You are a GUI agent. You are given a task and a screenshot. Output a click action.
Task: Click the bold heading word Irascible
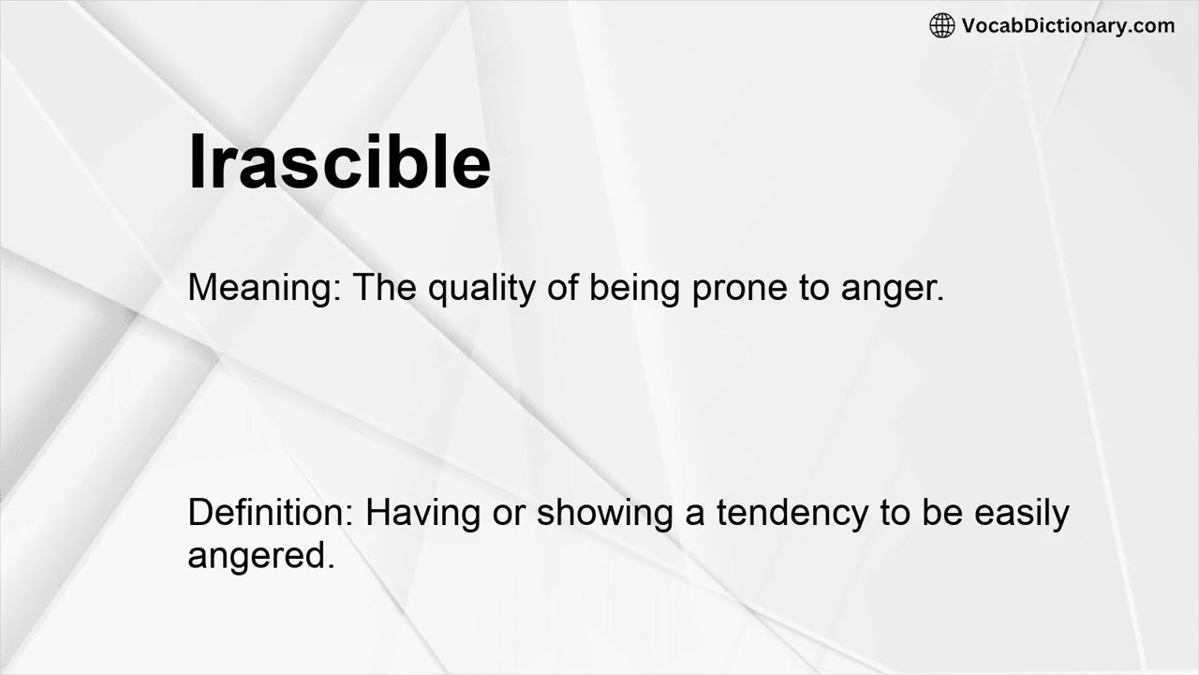[339, 161]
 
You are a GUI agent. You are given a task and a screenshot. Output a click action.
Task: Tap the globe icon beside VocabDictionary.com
[941, 25]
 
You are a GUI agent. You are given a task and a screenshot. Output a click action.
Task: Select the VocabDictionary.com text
[1068, 25]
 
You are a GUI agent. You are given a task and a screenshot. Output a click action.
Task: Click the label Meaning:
[265, 287]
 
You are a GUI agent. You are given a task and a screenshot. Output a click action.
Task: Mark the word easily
[1022, 514]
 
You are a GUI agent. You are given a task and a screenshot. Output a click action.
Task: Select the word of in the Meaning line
[562, 287]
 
